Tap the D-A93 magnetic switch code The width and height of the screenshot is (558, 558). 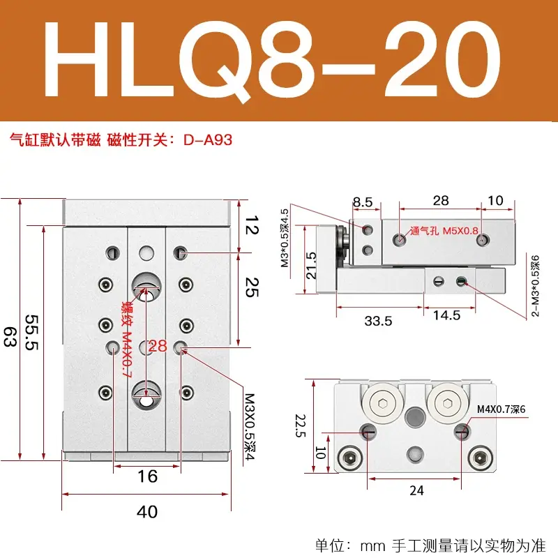(x=208, y=140)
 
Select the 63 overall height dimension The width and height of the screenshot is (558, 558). (x=10, y=337)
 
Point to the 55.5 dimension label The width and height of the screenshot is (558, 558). (x=31, y=333)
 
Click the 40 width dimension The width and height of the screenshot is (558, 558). (x=147, y=512)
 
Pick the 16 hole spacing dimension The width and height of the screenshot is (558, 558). (x=147, y=476)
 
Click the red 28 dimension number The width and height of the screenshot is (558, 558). (x=158, y=346)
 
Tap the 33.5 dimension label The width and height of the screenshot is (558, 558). (x=378, y=321)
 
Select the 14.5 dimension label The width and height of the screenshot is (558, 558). (x=446, y=315)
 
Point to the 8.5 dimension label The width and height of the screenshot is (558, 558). (x=363, y=202)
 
